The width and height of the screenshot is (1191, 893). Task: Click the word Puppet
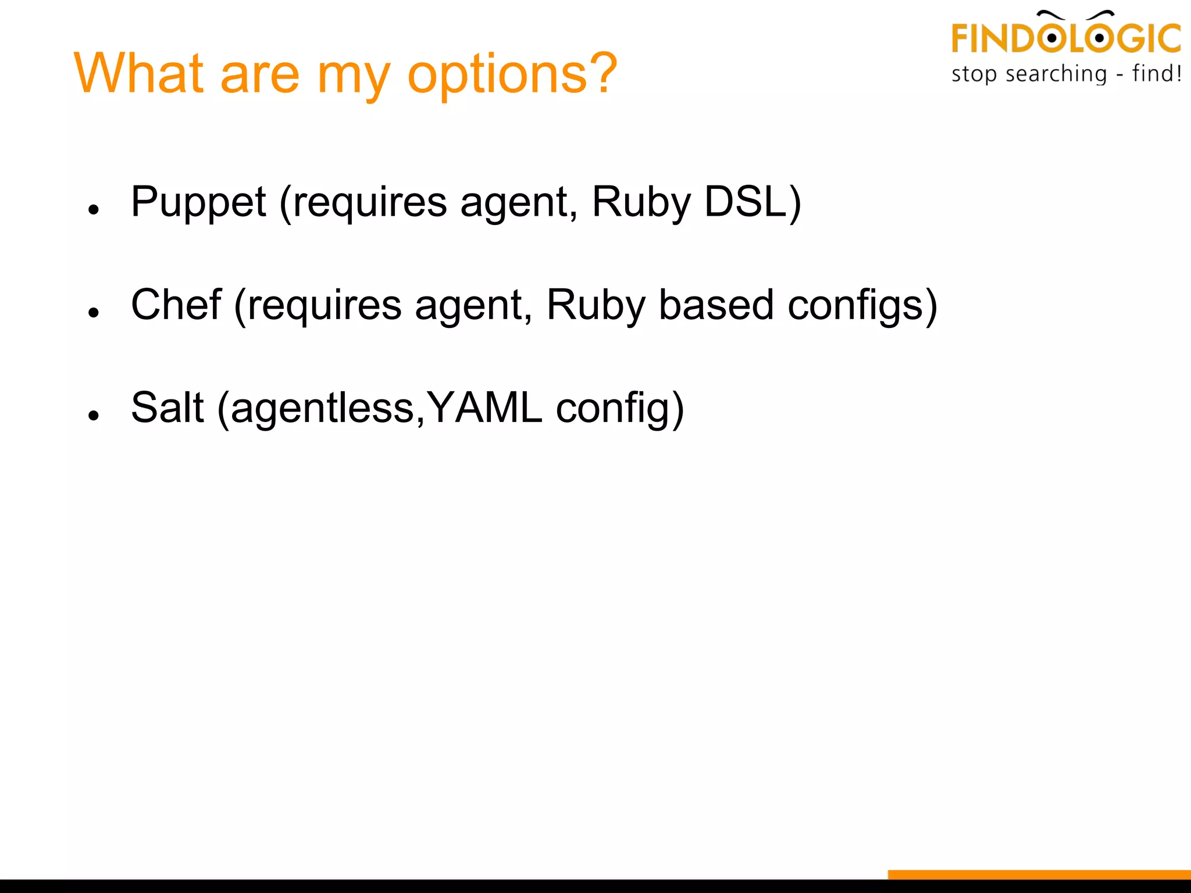pos(198,202)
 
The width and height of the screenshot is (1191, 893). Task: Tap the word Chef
pos(176,305)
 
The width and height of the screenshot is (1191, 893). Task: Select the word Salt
pos(167,408)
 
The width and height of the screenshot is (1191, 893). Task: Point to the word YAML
pos(484,408)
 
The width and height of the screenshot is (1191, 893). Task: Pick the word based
pos(716,305)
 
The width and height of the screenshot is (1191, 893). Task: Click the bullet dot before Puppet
pos(94,209)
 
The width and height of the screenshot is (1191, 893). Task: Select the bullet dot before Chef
pos(94,312)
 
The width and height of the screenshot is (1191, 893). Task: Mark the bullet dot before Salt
pos(94,415)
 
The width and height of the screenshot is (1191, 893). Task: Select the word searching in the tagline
pos(1056,74)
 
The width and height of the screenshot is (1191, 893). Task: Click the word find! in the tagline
pos(1157,74)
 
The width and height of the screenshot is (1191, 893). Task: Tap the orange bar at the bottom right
pos(1039,874)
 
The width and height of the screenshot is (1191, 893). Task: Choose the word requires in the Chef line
pos(325,306)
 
